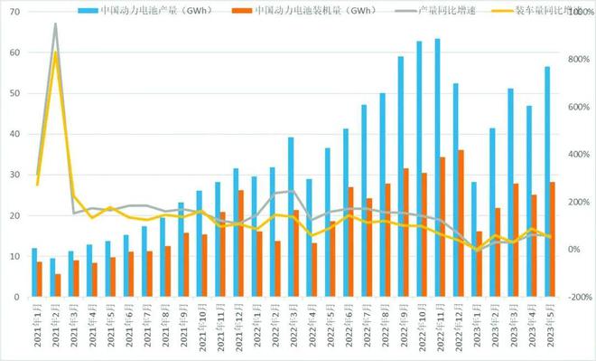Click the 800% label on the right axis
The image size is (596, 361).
(578, 59)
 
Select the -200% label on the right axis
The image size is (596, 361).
(576, 297)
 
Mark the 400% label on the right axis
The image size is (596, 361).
(578, 154)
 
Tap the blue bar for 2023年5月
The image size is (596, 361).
(547, 181)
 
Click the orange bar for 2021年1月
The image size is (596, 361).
(40, 280)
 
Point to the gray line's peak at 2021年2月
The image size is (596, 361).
(55, 24)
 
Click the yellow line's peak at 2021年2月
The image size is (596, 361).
(55, 52)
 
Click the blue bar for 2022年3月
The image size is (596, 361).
(291, 217)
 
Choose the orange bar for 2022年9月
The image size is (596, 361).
(406, 233)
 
